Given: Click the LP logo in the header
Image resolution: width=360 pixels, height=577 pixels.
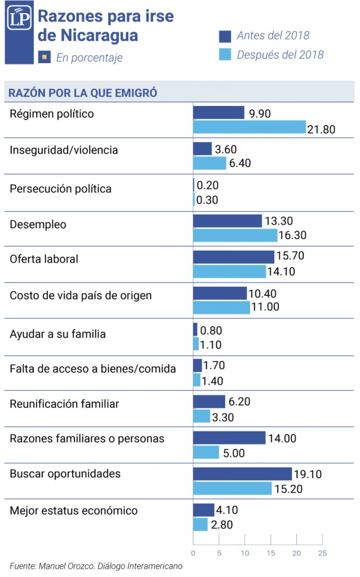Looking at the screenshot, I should tap(18, 20).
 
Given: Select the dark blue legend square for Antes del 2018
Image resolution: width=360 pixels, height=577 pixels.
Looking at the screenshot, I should tap(225, 36).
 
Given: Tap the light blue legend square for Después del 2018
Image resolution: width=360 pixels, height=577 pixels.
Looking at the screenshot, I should tap(225, 55).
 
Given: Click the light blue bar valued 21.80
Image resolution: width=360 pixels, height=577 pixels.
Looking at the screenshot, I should tap(249, 128).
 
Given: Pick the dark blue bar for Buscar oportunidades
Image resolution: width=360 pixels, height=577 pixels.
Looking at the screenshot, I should tap(242, 474).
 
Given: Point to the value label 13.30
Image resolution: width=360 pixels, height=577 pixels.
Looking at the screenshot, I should tap(279, 221).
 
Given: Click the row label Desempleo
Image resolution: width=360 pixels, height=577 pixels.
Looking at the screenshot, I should tap(38, 225).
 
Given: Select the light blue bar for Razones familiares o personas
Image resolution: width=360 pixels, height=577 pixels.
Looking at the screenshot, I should tap(206, 452).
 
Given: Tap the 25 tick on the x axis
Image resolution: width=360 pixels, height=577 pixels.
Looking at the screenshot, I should tap(322, 553).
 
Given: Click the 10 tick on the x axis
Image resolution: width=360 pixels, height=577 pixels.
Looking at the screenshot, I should tap(245, 553).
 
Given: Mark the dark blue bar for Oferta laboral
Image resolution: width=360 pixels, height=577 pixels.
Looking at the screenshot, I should tap(233, 257).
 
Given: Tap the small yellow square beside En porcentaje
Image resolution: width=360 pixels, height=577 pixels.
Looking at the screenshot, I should tap(44, 56).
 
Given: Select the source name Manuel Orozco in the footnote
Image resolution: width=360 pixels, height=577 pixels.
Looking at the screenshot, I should tap(59, 565).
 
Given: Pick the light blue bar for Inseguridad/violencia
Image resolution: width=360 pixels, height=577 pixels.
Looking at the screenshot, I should tap(209, 163).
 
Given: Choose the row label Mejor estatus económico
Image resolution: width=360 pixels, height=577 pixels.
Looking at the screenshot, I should tap(74, 511).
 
